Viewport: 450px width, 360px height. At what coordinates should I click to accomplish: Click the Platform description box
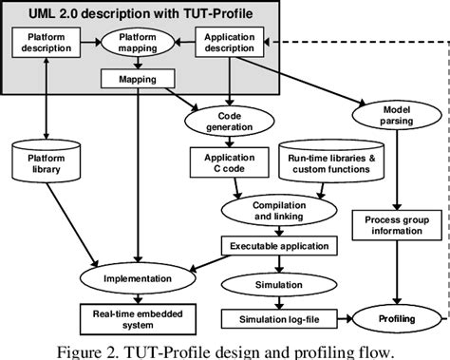tap(45, 44)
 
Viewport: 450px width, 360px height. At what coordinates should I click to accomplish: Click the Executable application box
tap(279, 245)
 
